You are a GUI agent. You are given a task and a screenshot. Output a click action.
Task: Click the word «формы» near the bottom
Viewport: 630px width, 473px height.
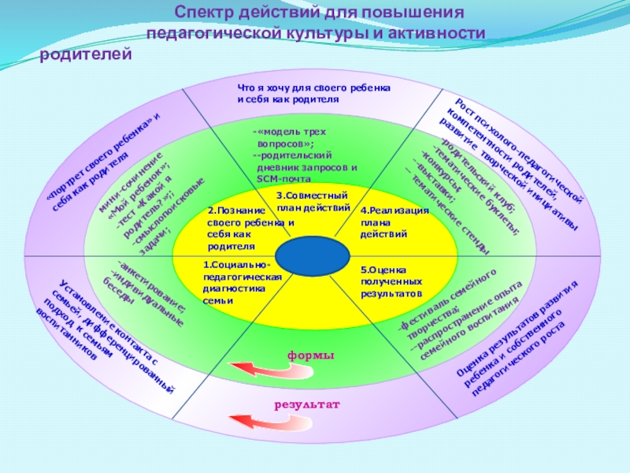(310, 356)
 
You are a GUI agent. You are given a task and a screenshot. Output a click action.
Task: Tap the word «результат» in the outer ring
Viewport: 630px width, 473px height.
(306, 404)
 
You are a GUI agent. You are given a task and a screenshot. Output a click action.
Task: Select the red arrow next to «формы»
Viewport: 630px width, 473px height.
(252, 367)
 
